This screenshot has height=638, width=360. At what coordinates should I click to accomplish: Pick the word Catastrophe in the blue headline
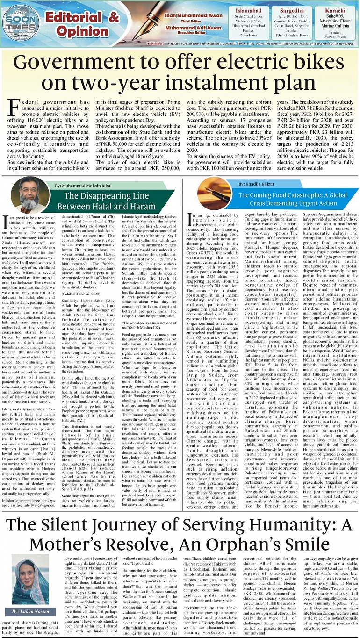[x=305, y=194]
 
